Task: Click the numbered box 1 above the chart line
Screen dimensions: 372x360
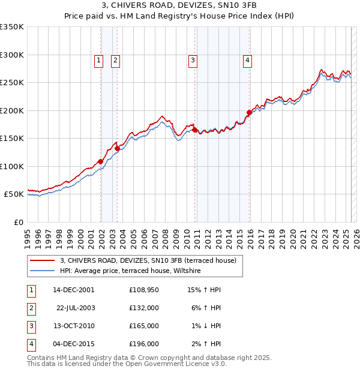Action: [98, 59]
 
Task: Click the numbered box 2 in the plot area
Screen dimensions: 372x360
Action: [115, 59]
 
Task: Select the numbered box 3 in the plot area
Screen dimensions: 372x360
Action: [193, 59]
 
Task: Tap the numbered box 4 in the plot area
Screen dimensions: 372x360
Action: [247, 59]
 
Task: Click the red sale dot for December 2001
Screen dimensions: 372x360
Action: [100, 161]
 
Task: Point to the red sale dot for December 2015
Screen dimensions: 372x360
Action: [249, 112]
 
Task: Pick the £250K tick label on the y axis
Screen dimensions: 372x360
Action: [13, 83]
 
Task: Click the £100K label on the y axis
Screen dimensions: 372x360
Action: [13, 166]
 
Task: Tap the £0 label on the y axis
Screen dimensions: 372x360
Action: [18, 222]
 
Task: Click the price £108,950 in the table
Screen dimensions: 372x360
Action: [144, 290]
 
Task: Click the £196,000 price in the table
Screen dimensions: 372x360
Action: [144, 344]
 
